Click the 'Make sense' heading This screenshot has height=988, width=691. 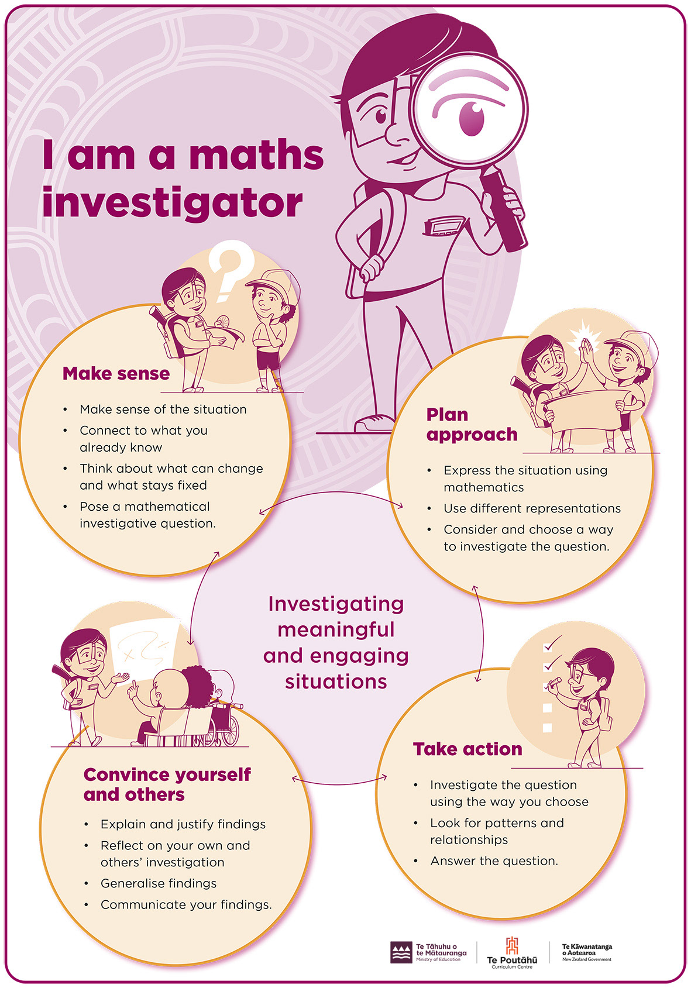(116, 373)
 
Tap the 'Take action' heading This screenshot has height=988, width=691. (467, 749)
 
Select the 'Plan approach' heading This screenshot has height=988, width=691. (472, 425)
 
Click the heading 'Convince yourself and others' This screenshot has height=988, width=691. (167, 784)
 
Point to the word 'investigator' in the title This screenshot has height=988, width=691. (172, 203)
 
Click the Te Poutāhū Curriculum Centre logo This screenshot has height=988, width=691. (512, 953)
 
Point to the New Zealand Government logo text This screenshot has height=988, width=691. (587, 952)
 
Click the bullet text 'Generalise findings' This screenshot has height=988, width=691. (159, 883)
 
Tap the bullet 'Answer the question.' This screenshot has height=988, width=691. (494, 861)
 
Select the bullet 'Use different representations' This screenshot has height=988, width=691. (532, 508)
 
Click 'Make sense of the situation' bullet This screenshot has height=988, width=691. (163, 409)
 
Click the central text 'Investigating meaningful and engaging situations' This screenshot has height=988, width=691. (336, 642)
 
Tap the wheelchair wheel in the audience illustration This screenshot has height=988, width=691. (228, 729)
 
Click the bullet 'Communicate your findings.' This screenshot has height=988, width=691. (186, 904)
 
